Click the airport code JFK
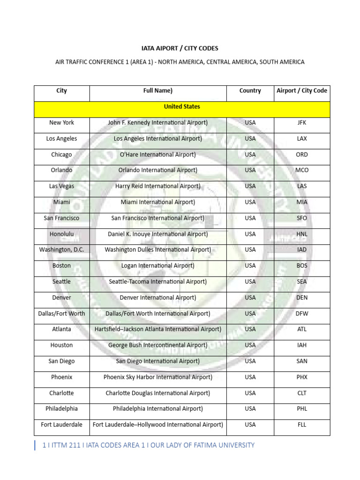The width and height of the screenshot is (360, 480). [302, 123]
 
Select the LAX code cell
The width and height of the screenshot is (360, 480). [302, 139]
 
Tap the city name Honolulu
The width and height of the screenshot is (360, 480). [61, 234]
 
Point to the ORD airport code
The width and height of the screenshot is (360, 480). [302, 155]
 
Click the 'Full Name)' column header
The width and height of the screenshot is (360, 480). [158, 91]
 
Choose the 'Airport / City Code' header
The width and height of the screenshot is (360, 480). [302, 91]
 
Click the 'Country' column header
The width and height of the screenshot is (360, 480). [250, 91]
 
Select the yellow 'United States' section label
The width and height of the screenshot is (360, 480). [182, 107]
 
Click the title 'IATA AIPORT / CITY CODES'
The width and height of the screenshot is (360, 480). [180, 48]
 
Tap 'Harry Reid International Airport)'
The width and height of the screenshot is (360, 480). [158, 186]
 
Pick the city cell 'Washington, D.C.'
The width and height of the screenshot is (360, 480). [61, 250]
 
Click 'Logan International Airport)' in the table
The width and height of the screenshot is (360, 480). [158, 266]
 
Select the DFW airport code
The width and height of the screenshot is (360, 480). [302, 314]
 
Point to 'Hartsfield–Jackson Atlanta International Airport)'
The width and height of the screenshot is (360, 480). [158, 329]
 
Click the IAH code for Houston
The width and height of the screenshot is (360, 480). [302, 345]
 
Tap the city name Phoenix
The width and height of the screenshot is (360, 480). [61, 377]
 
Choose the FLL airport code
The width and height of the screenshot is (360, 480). [302, 425]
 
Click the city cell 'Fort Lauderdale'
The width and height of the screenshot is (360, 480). [61, 425]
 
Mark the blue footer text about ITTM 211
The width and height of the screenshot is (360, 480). [148, 445]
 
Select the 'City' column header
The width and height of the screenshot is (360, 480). [61, 91]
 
